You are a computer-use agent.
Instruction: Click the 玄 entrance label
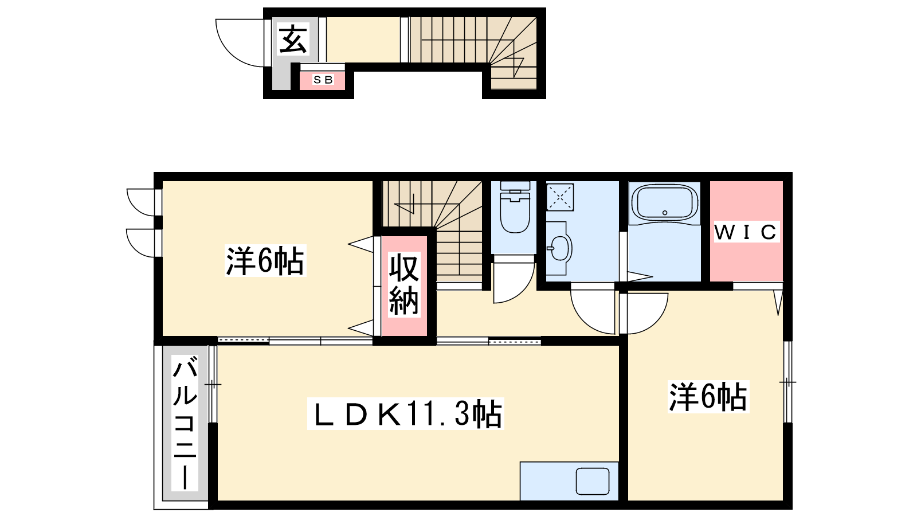click(x=293, y=40)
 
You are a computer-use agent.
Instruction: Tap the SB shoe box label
click(x=323, y=80)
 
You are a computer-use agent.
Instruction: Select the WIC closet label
click(x=746, y=232)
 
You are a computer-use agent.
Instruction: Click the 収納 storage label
click(x=403, y=284)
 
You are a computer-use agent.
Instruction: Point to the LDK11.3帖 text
click(x=405, y=413)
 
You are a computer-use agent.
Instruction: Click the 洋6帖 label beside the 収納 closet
click(x=265, y=260)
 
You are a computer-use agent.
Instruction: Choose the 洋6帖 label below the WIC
click(x=708, y=396)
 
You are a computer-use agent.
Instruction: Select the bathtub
click(x=665, y=203)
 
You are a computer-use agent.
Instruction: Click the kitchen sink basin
click(x=593, y=482)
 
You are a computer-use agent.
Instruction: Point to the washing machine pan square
click(x=560, y=197)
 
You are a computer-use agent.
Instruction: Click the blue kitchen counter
click(x=569, y=481)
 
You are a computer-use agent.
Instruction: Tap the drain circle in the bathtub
click(x=665, y=213)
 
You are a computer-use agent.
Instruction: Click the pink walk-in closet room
click(x=746, y=231)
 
